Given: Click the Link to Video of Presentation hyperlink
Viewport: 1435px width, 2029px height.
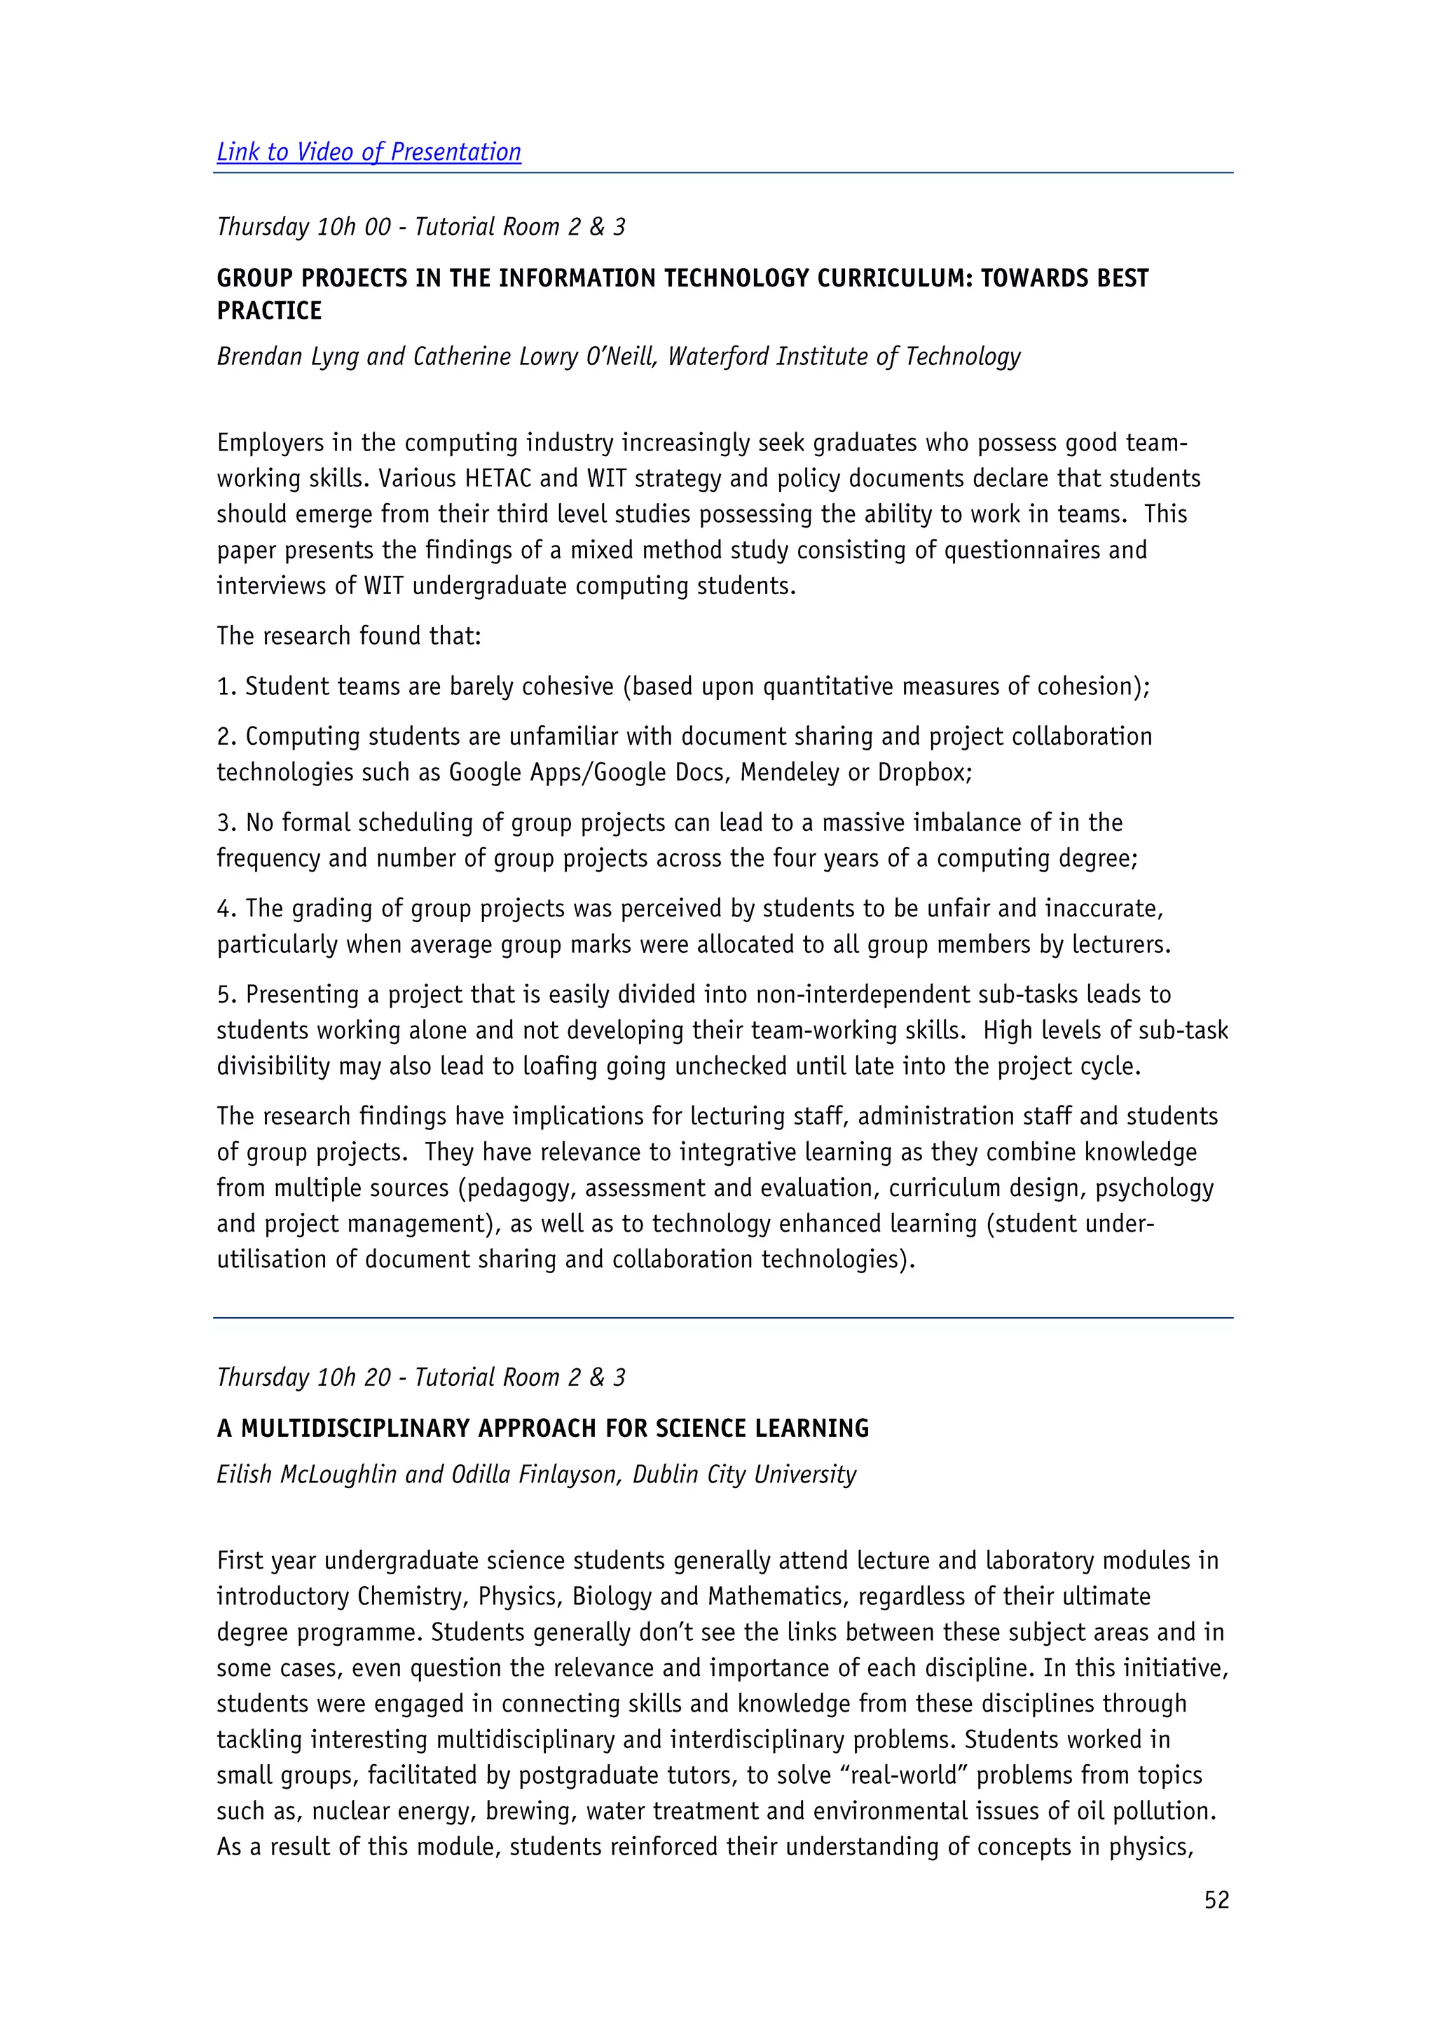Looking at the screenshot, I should (369, 152).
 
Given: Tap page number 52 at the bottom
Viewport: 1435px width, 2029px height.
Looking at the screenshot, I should (1216, 1900).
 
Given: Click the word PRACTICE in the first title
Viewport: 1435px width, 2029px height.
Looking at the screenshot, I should (270, 311).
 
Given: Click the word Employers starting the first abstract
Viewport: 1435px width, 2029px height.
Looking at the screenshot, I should (270, 443).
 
